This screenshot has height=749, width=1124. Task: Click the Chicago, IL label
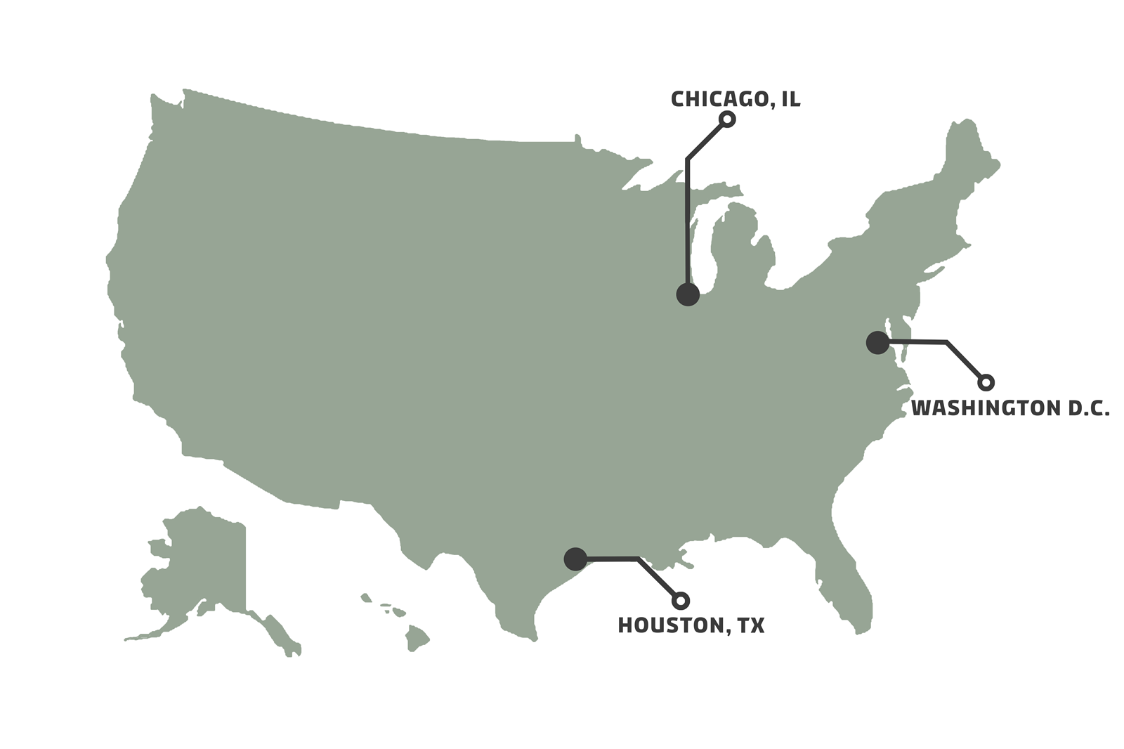[735, 99]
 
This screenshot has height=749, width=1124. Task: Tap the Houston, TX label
[691, 625]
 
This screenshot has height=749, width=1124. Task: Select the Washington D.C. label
[1009, 408]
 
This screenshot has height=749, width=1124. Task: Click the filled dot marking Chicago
[688, 294]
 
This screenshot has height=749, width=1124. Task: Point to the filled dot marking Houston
[575, 559]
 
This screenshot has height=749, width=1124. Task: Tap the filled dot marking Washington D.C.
[877, 342]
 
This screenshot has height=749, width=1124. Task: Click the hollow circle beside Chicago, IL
[728, 119]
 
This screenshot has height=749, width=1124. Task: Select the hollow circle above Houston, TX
[680, 601]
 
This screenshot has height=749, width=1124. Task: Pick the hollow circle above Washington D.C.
[986, 382]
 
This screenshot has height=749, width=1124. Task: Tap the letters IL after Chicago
[791, 99]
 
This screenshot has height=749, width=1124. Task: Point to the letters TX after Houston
[751, 625]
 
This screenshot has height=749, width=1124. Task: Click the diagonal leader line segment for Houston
[659, 580]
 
